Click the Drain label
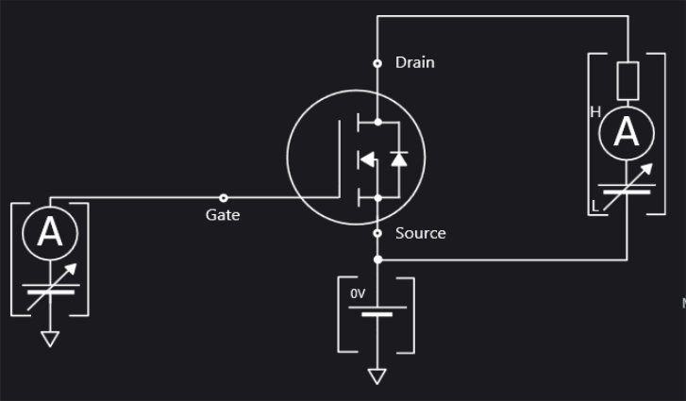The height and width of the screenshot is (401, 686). [414, 62]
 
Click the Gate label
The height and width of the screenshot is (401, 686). [223, 215]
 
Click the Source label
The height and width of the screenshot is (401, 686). [420, 233]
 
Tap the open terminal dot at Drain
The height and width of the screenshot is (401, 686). [377, 63]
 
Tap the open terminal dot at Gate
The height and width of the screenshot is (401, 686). [224, 197]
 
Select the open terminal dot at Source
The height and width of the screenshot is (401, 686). [377, 233]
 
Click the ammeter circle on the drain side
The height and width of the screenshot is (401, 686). [627, 134]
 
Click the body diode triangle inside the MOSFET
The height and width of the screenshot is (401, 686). [398, 159]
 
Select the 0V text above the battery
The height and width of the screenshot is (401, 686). [358, 294]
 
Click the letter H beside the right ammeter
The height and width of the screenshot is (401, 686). [595, 112]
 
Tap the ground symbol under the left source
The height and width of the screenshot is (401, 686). [50, 339]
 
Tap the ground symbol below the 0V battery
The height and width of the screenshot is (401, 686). [377, 376]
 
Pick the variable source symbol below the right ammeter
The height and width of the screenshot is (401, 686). [627, 187]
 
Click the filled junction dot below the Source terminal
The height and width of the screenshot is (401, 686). [377, 259]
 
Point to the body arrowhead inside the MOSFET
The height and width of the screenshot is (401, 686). [366, 159]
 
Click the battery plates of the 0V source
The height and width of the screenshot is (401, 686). [377, 311]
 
